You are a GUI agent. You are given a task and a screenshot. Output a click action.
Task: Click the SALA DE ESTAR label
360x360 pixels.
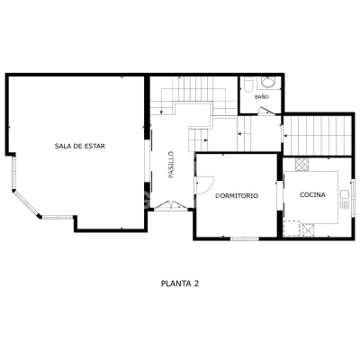(x=80, y=147)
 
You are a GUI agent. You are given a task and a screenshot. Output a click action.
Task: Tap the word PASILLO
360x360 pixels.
(x=171, y=165)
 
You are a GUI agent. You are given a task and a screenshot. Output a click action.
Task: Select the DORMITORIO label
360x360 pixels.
(x=237, y=196)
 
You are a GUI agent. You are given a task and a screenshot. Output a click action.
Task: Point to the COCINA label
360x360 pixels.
(x=312, y=194)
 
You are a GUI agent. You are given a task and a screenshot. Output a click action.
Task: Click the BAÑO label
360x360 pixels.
(x=262, y=97)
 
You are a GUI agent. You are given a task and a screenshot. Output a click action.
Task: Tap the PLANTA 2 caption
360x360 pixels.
(x=180, y=283)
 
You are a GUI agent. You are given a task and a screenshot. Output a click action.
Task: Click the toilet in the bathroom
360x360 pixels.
(x=248, y=85)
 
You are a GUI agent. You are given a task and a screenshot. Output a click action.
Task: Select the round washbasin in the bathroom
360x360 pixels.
(x=268, y=82)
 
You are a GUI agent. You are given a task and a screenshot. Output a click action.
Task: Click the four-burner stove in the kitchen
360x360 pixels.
(x=301, y=165)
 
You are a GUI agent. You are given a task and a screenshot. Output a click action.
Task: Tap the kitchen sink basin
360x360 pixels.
(x=344, y=194)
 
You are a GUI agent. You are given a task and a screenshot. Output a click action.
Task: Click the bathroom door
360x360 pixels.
(x=266, y=111)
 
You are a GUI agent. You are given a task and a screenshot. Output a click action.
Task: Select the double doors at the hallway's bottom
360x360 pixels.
(x=170, y=205)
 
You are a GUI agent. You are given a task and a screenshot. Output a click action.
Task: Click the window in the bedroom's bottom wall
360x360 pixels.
(x=245, y=238)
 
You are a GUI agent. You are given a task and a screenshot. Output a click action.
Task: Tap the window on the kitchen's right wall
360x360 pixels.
(x=354, y=197)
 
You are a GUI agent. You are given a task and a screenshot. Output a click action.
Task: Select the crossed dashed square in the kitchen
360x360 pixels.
(x=309, y=229)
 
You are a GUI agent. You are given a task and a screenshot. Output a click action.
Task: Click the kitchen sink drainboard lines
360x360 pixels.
(x=344, y=205)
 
